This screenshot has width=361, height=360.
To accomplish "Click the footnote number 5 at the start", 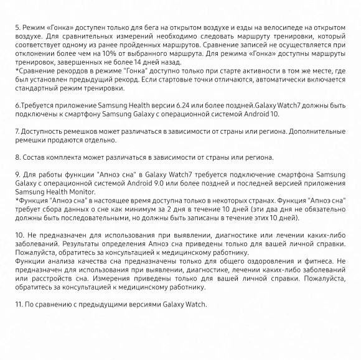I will coord(17,29).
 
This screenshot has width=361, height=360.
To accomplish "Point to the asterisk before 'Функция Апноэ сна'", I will coord(16,201).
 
